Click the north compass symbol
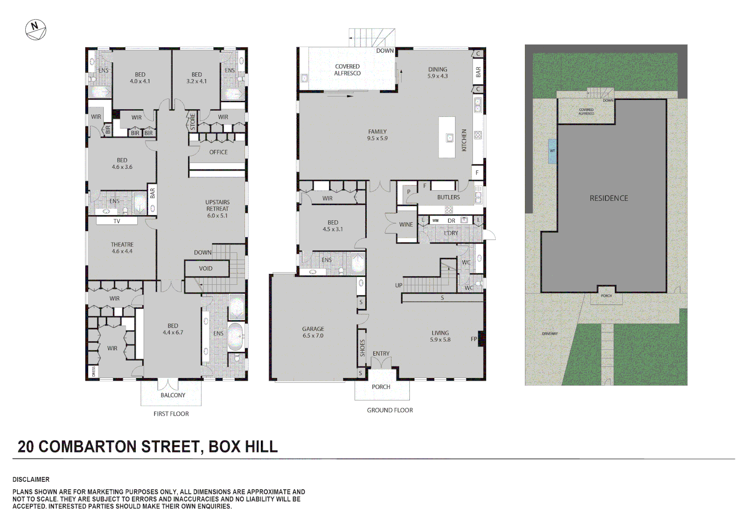[35, 30]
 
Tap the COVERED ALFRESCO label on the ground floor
[347, 70]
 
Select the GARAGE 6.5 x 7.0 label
[313, 332]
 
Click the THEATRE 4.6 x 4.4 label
[122, 248]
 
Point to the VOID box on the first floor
[206, 268]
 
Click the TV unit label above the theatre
[116, 221]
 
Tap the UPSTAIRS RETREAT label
[217, 209]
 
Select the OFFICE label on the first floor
[218, 152]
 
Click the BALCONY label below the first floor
[173, 395]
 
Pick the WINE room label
[406, 225]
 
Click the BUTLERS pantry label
[448, 197]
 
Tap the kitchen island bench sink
[450, 138]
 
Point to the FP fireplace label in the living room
[474, 339]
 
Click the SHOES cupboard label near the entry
[362, 348]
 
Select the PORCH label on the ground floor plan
[381, 387]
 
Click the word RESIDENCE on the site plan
[609, 198]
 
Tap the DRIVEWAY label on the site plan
[550, 334]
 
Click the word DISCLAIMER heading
[31, 479]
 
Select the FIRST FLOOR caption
[171, 414]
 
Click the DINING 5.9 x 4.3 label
[438, 73]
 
